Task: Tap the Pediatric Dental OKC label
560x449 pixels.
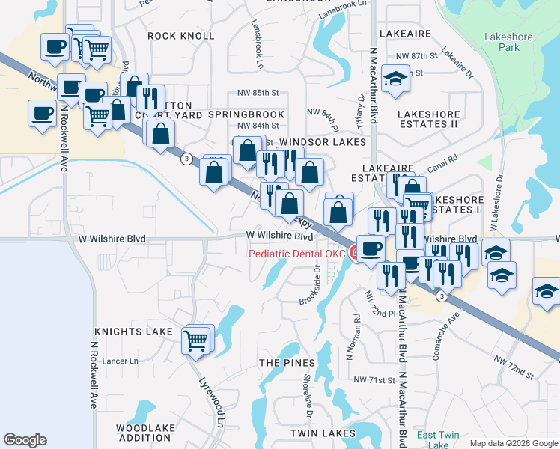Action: click(297, 254)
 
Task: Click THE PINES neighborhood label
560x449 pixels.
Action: click(287, 362)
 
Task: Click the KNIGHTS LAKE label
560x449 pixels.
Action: click(133, 331)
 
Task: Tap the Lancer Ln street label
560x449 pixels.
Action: click(124, 361)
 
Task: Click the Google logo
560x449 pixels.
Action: click(25, 440)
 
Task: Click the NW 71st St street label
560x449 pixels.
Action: click(374, 380)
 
